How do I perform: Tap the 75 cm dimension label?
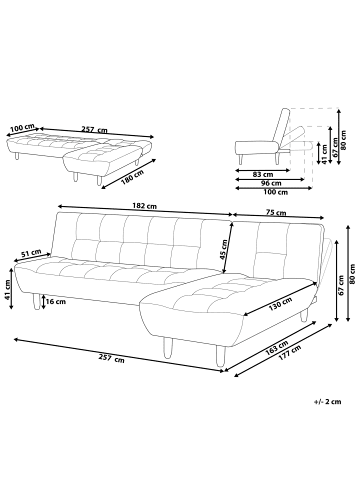[276, 212]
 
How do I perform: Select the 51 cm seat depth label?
[31, 253]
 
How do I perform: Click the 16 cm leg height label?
[56, 302]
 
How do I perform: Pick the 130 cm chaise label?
[280, 303]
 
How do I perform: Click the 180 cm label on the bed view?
[132, 177]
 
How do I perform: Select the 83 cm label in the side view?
[263, 174]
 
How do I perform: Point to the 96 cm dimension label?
[271, 183]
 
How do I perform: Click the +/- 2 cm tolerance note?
[328, 402]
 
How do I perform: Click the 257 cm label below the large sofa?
[111, 359]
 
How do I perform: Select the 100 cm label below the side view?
[275, 192]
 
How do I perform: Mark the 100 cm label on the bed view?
[22, 128]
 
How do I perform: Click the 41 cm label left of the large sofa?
[7, 289]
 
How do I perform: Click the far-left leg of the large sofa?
[36, 301]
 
